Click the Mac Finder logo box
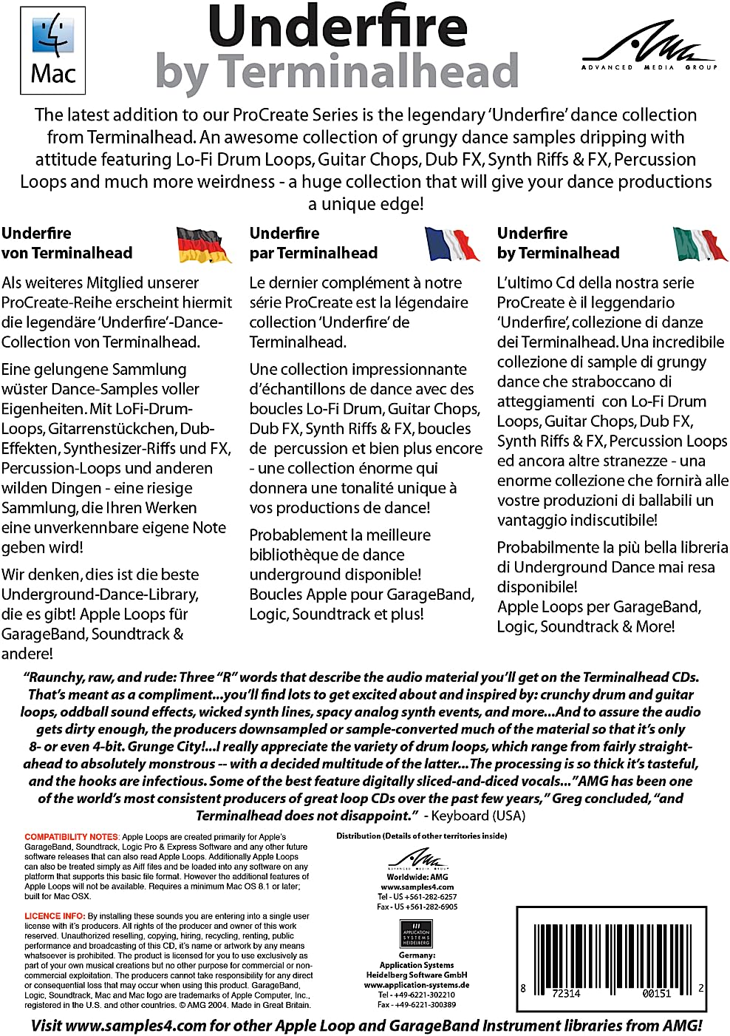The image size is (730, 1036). [x=53, y=50]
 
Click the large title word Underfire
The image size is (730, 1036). [x=338, y=27]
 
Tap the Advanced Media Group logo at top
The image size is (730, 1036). [x=649, y=49]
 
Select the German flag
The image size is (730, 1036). [x=204, y=245]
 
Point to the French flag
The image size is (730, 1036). [x=452, y=244]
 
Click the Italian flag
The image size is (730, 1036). [x=700, y=244]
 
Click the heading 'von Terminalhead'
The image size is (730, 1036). [x=67, y=253]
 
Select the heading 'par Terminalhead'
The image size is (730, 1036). [x=313, y=253]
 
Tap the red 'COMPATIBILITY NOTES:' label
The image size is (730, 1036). [x=72, y=837]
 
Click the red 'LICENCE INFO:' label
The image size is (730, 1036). [x=54, y=916]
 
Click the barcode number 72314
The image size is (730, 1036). [x=566, y=994]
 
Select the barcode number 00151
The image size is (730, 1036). [x=656, y=994]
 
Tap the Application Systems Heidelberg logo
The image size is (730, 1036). [x=416, y=933]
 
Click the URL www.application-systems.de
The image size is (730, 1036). [x=417, y=985]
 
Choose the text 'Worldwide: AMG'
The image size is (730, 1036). [x=417, y=877]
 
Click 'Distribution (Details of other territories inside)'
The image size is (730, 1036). [x=422, y=836]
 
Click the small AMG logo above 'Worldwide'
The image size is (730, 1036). [x=417, y=860]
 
